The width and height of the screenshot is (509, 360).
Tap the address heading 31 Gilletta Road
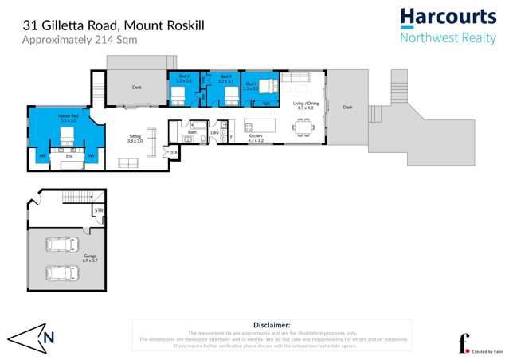tap(113, 25)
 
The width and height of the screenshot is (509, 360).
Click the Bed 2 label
tap(183, 78)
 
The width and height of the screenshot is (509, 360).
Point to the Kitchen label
tap(255, 137)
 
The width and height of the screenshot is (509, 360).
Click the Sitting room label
tap(135, 138)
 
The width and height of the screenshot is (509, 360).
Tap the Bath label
tap(192, 132)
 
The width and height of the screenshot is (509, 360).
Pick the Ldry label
tap(214, 132)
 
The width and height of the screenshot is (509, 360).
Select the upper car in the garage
tap(61, 245)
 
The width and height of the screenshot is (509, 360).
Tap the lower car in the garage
tap(61, 272)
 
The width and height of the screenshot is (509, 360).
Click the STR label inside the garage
tap(98, 211)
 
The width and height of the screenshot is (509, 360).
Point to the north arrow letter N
tap(49, 337)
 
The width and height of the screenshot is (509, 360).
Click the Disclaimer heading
tap(272, 325)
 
